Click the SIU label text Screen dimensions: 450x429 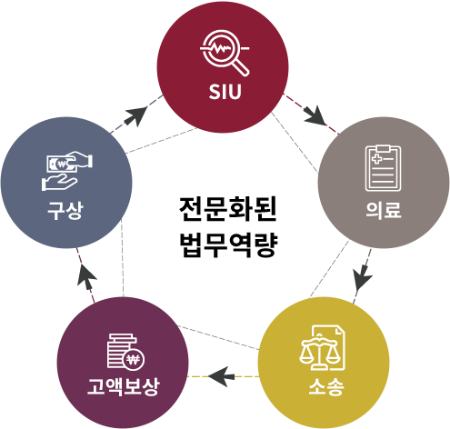click(x=225, y=92)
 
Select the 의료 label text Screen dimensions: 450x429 click(x=384, y=210)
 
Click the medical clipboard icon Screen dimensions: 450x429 click(x=383, y=168)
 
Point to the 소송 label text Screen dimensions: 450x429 click(x=326, y=386)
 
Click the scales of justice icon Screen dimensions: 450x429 click(x=323, y=348)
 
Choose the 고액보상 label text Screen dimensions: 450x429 click(x=123, y=386)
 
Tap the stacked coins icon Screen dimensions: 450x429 click(x=125, y=352)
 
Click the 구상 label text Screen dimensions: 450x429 click(x=65, y=210)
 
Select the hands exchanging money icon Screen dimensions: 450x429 click(x=66, y=171)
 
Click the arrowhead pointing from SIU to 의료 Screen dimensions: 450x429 click(x=315, y=115)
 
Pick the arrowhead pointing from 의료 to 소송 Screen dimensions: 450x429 click(x=363, y=278)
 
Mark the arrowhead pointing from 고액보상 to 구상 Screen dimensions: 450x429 click(x=86, y=274)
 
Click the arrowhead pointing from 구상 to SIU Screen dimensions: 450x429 click(x=135, y=115)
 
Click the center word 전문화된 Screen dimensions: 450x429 click(x=227, y=209)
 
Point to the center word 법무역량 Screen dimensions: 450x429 click(x=228, y=245)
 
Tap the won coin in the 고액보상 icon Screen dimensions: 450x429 click(x=134, y=360)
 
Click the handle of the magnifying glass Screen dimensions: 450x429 click(x=241, y=68)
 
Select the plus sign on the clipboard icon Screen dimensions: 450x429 click(x=376, y=159)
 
